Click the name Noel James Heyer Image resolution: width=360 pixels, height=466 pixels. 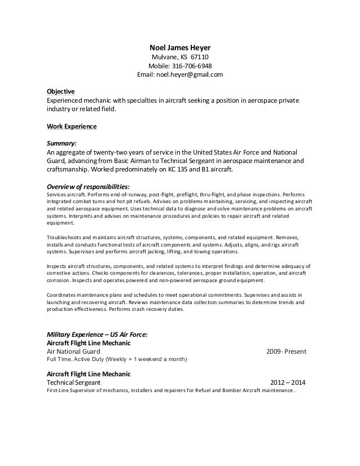coord(180,47)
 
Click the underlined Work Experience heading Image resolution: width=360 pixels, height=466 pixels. coord(71,126)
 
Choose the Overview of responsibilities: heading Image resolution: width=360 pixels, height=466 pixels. coord(88,186)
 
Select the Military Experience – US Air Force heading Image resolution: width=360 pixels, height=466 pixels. coord(96,335)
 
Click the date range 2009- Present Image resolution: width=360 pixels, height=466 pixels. coord(286,352)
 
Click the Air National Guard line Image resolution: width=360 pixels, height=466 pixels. coord(73,352)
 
